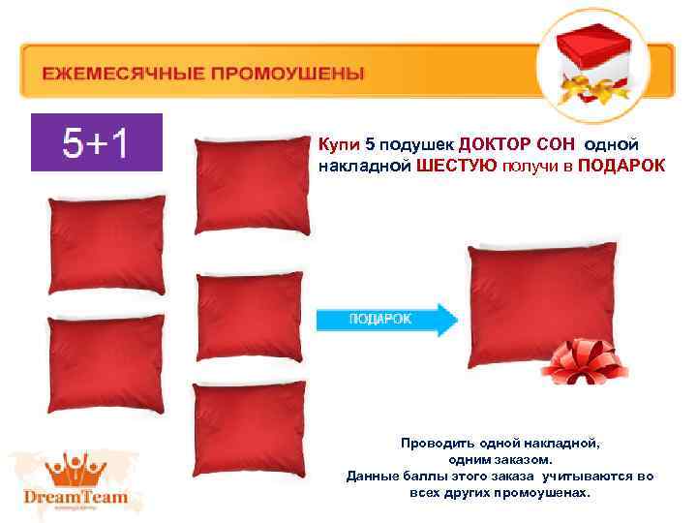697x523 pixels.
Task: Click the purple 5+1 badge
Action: pos(96,142)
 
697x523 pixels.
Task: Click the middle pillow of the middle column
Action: pos(250,316)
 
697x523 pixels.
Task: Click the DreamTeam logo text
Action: pos(75,497)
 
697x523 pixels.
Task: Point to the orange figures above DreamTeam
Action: pos(75,466)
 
